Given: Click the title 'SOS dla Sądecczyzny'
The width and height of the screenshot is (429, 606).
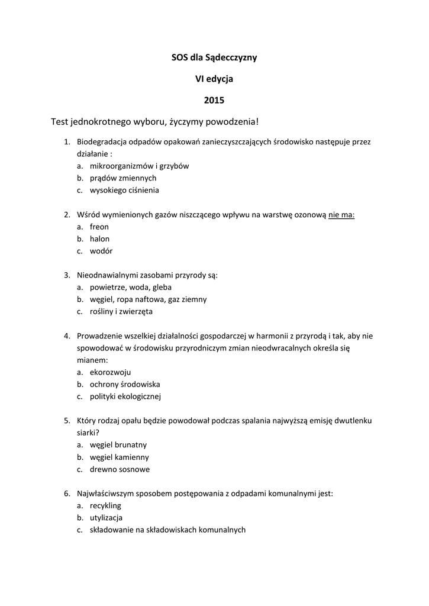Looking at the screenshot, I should (214, 57).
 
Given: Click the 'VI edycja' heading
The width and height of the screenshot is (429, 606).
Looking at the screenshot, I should (214, 78).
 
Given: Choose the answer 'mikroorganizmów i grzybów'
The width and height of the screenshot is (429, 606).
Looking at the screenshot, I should (139, 166).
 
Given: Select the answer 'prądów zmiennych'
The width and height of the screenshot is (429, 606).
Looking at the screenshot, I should (123, 178).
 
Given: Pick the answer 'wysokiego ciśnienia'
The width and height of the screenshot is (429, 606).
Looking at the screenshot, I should (124, 191).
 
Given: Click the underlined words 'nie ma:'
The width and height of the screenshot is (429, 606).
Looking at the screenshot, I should (341, 215).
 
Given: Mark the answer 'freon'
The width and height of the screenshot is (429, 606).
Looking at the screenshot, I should (99, 227).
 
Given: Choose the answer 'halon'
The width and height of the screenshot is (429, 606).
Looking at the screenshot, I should (99, 239).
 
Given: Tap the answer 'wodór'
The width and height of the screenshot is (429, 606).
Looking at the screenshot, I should (101, 251).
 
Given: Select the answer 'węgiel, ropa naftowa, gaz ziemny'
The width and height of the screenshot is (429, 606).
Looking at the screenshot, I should (148, 299).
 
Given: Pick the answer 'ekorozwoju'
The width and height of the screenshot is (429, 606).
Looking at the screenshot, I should (111, 372).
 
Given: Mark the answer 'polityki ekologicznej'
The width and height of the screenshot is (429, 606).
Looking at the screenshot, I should (125, 397).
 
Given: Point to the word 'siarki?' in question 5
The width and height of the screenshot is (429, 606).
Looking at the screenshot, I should (88, 433).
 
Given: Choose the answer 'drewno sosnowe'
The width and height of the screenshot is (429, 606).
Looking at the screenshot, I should (120, 469).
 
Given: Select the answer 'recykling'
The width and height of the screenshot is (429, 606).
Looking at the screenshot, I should (105, 506).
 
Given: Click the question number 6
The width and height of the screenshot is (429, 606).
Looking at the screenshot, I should (67, 494).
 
